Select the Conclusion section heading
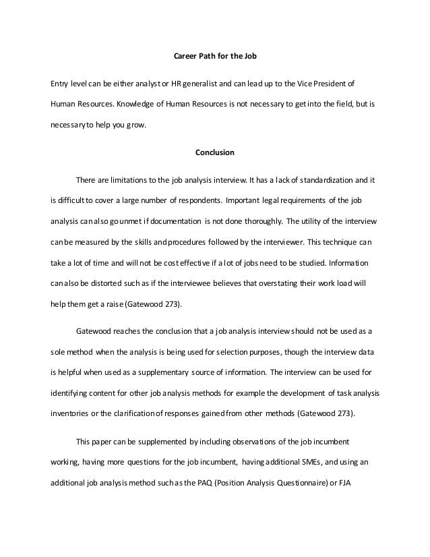(x=215, y=152)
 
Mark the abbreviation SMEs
(x=311, y=462)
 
